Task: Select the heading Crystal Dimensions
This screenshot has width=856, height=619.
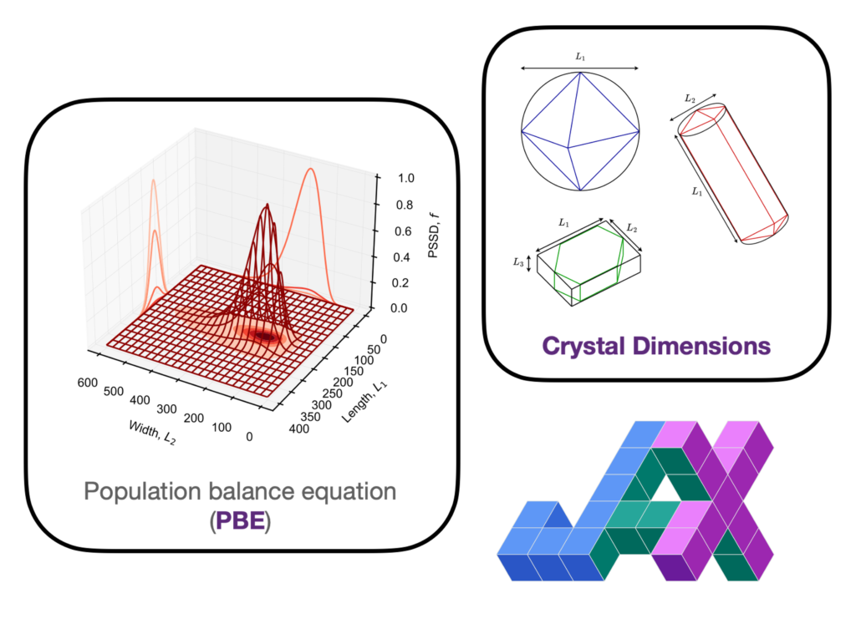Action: (x=655, y=345)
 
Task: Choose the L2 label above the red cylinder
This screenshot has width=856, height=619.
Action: (x=690, y=99)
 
